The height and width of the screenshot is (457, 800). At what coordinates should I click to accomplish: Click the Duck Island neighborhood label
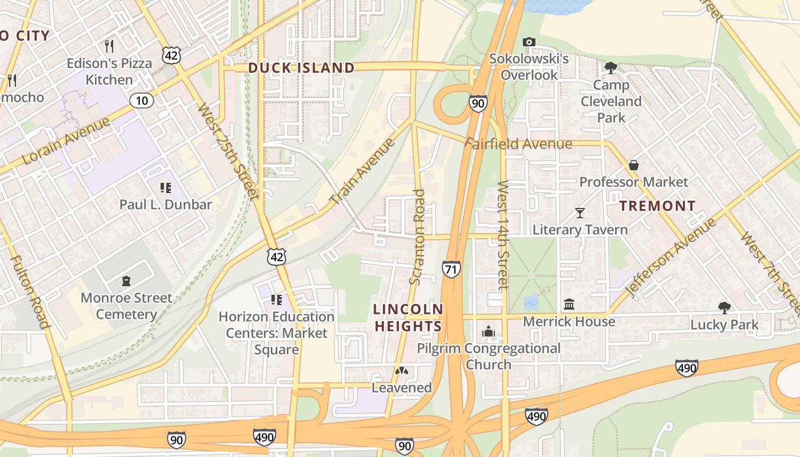[301, 68]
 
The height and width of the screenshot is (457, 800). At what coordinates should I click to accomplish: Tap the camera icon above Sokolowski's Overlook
[529, 42]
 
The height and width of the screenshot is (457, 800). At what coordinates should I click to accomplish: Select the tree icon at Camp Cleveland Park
[610, 68]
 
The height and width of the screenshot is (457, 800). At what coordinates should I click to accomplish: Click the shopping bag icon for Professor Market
[634, 165]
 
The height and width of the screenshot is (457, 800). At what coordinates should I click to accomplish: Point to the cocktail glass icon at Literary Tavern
[580, 213]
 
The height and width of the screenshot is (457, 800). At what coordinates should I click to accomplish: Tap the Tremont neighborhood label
[658, 206]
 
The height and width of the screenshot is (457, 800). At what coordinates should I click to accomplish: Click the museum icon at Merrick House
[569, 304]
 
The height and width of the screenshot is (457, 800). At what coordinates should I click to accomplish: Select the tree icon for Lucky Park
[724, 308]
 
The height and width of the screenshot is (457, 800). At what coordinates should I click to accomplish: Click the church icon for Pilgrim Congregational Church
[488, 331]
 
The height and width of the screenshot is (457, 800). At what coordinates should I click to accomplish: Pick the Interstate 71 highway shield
[451, 269]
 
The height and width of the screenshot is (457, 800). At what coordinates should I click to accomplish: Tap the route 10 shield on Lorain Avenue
[141, 101]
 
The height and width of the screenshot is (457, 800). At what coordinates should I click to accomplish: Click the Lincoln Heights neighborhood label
[408, 318]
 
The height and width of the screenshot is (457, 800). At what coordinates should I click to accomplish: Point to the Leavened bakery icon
[402, 371]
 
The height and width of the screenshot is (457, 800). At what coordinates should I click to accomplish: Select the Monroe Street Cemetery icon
[126, 280]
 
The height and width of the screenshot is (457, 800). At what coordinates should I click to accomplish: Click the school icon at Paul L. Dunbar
[166, 187]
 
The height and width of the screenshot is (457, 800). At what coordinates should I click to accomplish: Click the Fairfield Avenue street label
[518, 143]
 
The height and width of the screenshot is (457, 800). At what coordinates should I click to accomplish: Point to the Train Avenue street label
[363, 171]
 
